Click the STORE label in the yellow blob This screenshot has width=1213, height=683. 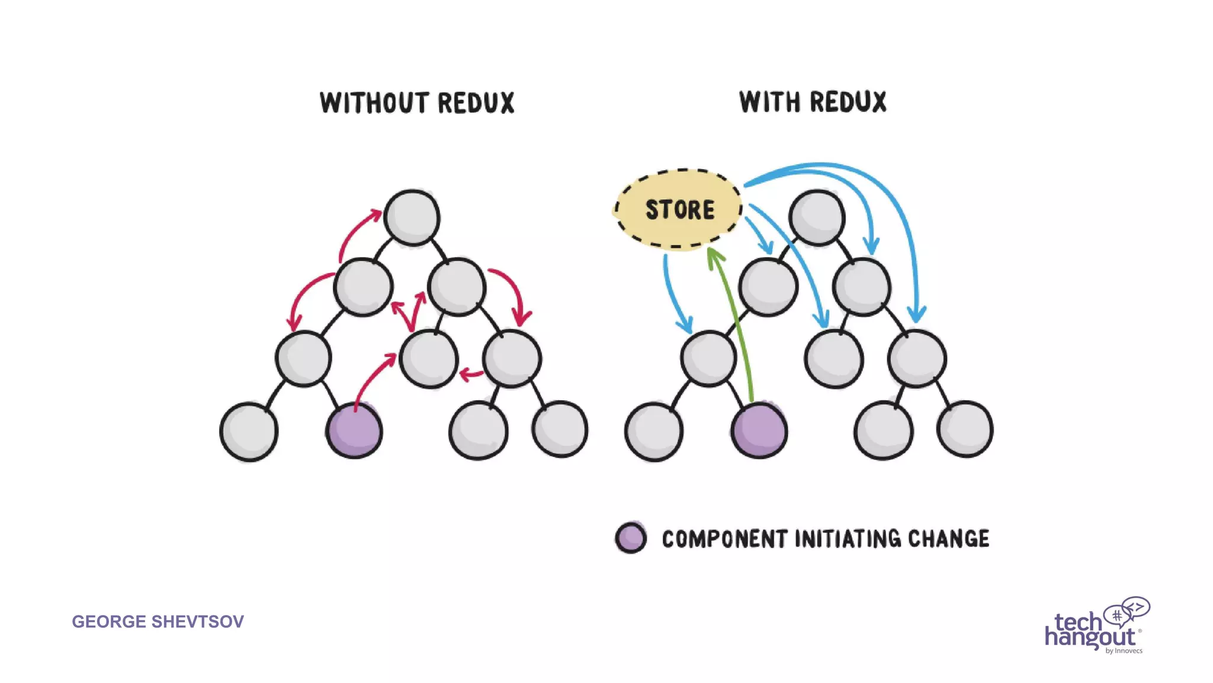tap(679, 210)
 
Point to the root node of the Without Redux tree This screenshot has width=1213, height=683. tap(412, 218)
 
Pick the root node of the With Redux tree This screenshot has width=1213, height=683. tap(817, 218)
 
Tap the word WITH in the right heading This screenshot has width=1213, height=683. tap(769, 102)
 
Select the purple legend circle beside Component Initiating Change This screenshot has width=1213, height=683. tap(631, 538)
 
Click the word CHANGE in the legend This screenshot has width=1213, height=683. tap(948, 539)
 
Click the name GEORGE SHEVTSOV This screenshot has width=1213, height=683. tap(158, 621)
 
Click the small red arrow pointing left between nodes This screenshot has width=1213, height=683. tap(471, 374)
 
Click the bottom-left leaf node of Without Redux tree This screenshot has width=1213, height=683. tap(249, 432)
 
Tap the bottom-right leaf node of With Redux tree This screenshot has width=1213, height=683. tap(965, 429)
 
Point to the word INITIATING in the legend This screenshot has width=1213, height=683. tap(848, 539)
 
